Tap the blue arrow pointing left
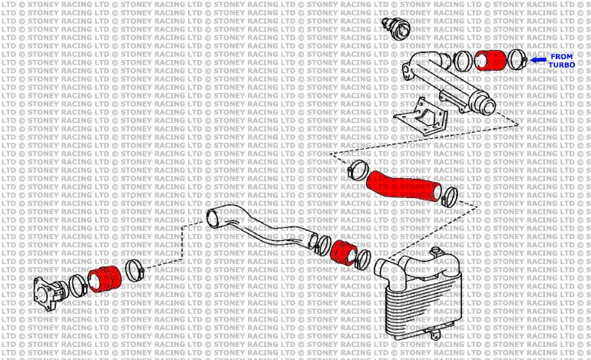[x=538, y=59]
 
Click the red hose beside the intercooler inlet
[x=345, y=251]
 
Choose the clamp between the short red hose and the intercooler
[x=362, y=256]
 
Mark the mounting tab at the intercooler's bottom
[x=435, y=335]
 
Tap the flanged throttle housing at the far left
[x=49, y=292]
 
